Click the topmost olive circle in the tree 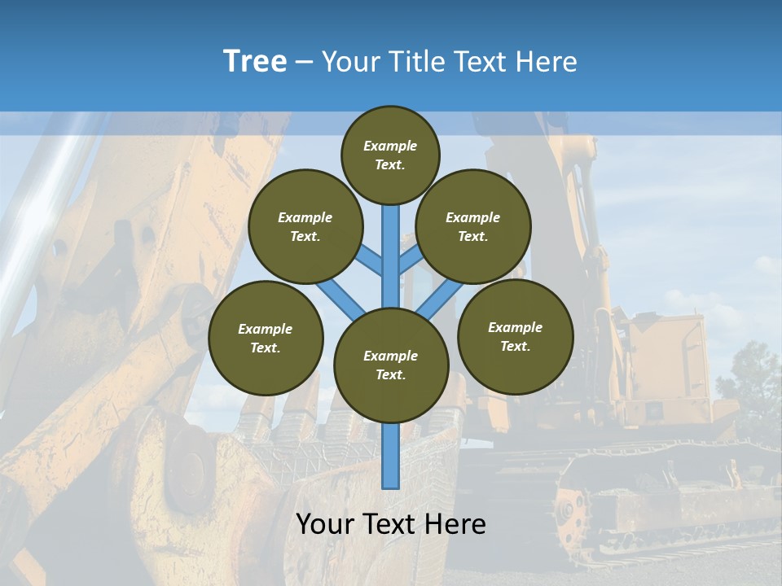[x=390, y=155]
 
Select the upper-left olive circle [x=305, y=226]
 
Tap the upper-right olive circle [x=473, y=226]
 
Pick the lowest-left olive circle [x=266, y=338]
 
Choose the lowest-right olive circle [x=515, y=336]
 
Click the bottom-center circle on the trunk [x=391, y=365]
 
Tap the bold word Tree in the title [x=255, y=61]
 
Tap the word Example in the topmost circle [x=390, y=146]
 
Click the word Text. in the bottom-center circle [x=390, y=374]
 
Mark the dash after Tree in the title [x=304, y=63]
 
